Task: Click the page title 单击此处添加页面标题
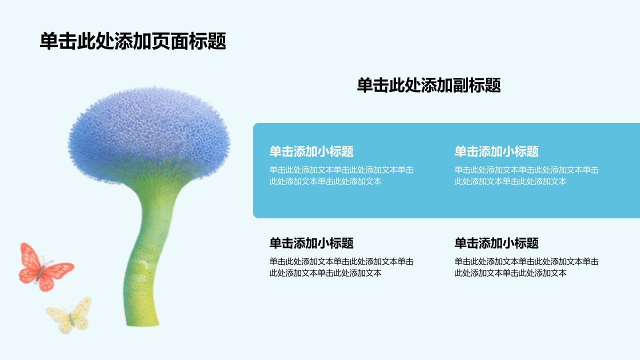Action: point(133,41)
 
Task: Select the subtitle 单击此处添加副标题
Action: point(429,85)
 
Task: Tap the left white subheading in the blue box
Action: point(311,151)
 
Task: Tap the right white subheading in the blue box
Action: point(496,151)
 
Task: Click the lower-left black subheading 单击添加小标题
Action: point(311,243)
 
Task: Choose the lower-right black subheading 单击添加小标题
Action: point(496,243)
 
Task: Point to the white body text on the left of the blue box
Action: point(341,175)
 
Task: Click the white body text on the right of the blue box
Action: point(526,175)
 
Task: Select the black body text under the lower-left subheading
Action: point(341,267)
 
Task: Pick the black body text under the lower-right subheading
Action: point(526,267)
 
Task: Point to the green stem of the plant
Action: point(148,251)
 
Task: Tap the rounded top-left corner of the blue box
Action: point(254,124)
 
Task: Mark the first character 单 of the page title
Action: point(49,41)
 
